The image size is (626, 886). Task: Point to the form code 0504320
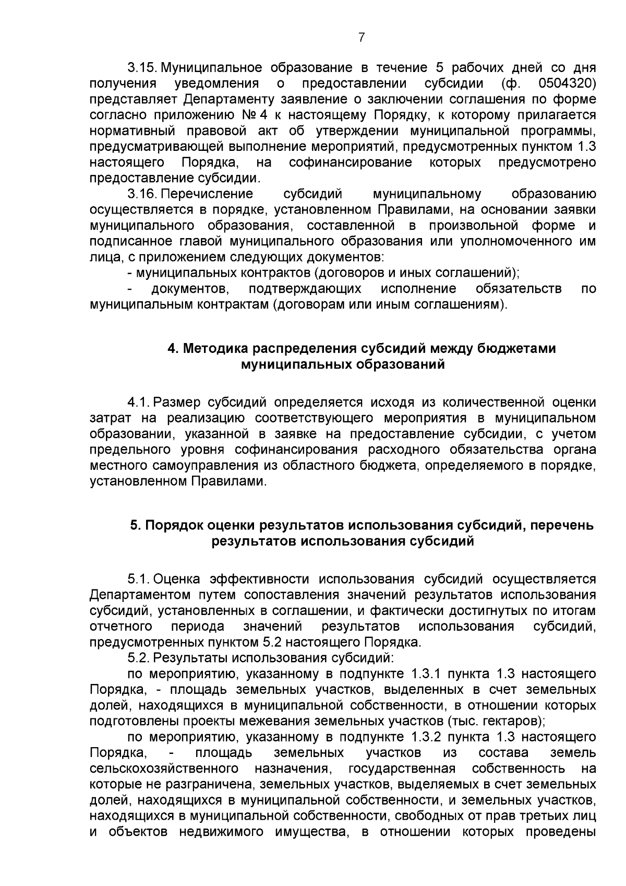(567, 84)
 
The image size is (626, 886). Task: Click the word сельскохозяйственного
(164, 769)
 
